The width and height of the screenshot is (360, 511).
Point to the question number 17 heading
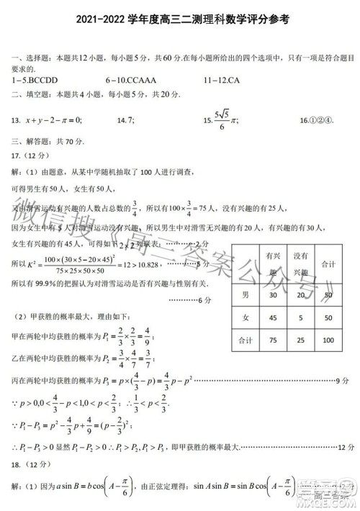(29, 155)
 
